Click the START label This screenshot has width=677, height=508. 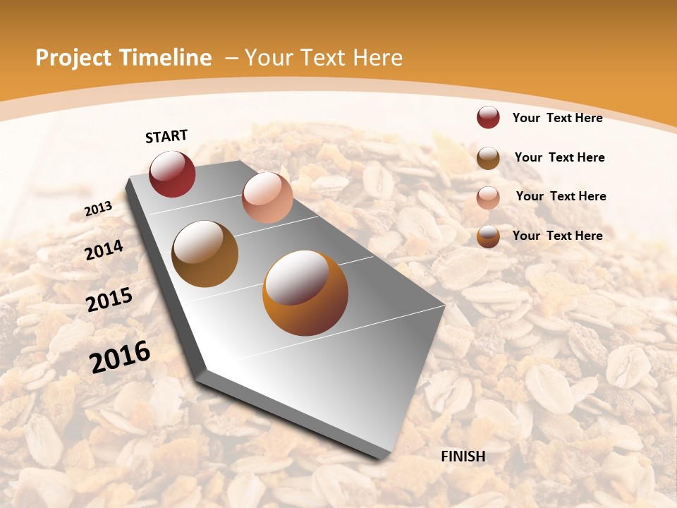pos(166,136)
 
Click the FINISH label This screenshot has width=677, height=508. pos(463,456)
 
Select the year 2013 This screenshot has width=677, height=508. pos(98,209)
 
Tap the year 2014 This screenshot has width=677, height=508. pos(104,250)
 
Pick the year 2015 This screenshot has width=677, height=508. pos(109,300)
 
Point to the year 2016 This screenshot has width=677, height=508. pos(120,357)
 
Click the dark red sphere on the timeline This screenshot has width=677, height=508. pos(172,174)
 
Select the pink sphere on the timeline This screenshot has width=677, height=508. pos(267,198)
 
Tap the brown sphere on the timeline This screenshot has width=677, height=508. pos(205,254)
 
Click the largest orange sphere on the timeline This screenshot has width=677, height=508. pos(305,293)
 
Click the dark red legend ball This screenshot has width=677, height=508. pos(488,117)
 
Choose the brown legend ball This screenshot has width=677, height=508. pos(488,158)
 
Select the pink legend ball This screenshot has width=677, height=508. pos(488,197)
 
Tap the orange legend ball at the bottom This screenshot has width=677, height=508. pos(488,236)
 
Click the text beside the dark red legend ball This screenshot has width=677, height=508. pos(557,118)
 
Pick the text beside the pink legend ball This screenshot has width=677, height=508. pos(561,196)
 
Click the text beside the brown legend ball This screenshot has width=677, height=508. pos(559,157)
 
